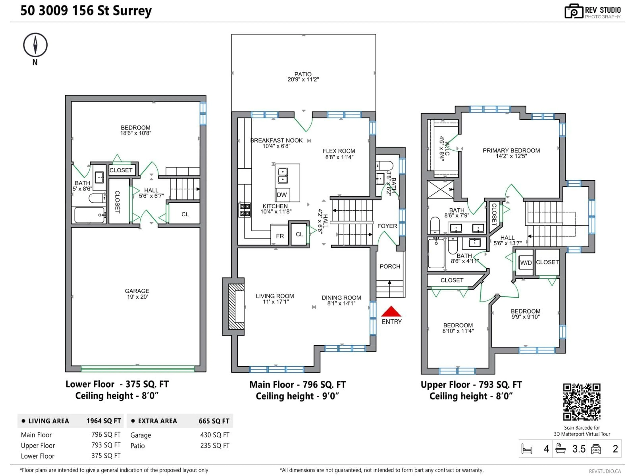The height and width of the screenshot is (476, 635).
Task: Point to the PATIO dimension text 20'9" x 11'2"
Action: [x=303, y=79]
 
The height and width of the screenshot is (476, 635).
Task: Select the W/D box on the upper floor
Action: [x=526, y=262]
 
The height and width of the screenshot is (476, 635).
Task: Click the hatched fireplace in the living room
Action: [x=236, y=306]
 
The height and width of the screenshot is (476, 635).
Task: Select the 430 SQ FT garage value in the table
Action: [x=215, y=435]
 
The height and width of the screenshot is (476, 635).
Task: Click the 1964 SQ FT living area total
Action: [x=104, y=421]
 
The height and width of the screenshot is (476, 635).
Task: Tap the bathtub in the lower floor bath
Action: [x=89, y=215]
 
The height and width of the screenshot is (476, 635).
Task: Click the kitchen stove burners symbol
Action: [x=245, y=210]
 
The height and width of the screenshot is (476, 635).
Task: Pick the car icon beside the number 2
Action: [x=596, y=449]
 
